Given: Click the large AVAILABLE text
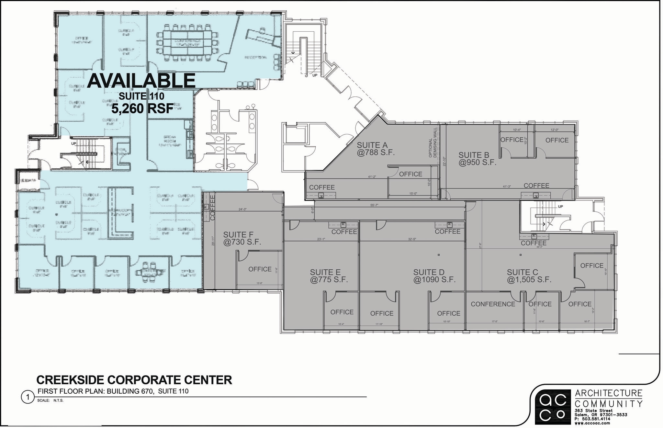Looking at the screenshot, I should pyautogui.click(x=141, y=81).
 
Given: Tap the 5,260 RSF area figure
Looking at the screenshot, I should pyautogui.click(x=142, y=109).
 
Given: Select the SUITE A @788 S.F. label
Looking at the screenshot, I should pyautogui.click(x=376, y=149).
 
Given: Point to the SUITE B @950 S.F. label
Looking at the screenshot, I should pyautogui.click(x=477, y=159).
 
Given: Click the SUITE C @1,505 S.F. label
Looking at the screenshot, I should pyautogui.click(x=529, y=276).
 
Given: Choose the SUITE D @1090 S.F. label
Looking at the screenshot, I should pyautogui.click(x=434, y=276).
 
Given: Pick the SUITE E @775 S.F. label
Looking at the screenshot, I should pyautogui.click(x=329, y=276).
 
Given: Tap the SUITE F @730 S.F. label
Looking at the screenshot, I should pyautogui.click(x=242, y=238).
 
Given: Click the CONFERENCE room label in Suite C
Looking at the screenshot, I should pyautogui.click(x=493, y=304).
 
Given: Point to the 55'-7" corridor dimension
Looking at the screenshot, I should pyautogui.click(x=375, y=205).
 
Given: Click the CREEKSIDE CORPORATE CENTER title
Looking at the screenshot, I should pyautogui.click(x=134, y=380).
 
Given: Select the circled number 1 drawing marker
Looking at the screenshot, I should pyautogui.click(x=28, y=397).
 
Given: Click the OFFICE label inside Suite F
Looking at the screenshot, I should pyautogui.click(x=260, y=269).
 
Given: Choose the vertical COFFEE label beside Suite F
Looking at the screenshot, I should pyautogui.click(x=212, y=207).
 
